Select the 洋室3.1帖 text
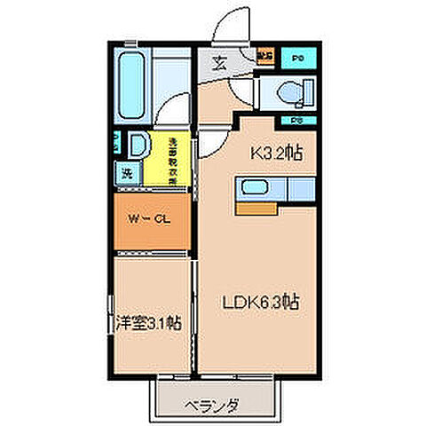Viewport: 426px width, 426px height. pos(147,324)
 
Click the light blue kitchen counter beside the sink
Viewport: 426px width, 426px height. pos(299,188)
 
